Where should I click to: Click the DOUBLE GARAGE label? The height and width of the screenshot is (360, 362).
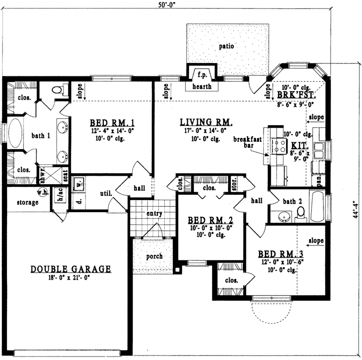click(x=70, y=269)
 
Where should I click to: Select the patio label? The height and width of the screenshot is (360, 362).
click(x=226, y=46)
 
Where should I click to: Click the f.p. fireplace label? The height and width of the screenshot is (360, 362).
click(x=202, y=75)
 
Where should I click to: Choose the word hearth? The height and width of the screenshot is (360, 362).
click(x=202, y=86)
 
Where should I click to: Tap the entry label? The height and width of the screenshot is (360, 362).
click(x=154, y=214)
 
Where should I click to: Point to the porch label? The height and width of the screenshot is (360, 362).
click(x=154, y=256)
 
